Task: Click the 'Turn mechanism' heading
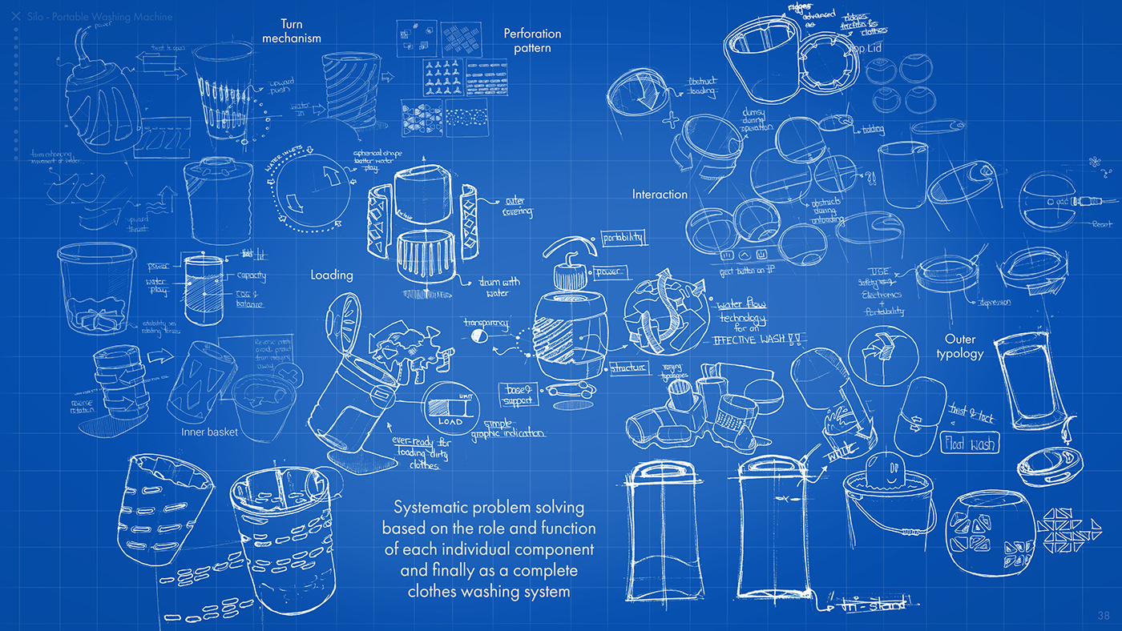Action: [x=292, y=30]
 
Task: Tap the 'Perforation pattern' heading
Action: [x=532, y=40]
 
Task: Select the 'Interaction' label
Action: [x=660, y=195]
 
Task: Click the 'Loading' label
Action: [x=332, y=275]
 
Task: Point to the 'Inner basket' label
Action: [x=209, y=432]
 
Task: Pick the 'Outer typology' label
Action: [x=959, y=346]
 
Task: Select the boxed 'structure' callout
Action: [x=628, y=368]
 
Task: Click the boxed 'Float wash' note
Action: [x=970, y=443]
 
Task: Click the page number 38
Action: [x=1104, y=614]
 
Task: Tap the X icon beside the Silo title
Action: [x=16, y=16]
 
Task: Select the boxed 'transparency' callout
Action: [x=485, y=320]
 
